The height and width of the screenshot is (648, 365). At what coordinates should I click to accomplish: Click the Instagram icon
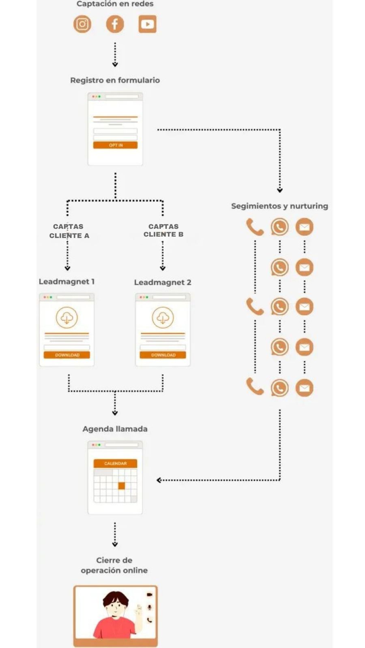(82, 24)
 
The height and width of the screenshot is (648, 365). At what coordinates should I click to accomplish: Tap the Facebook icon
(115, 24)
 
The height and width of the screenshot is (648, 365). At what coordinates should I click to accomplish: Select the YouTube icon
(147, 24)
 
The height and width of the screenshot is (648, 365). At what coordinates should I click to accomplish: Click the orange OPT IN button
(115, 145)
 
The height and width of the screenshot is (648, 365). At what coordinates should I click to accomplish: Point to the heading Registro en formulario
(115, 80)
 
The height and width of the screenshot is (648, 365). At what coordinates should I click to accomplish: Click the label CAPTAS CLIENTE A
(69, 231)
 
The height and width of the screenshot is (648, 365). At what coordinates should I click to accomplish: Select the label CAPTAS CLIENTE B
(163, 230)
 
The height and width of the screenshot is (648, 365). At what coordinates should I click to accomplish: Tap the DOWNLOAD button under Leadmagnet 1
(67, 355)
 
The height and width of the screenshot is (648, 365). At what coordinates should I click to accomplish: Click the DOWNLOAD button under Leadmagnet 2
(163, 355)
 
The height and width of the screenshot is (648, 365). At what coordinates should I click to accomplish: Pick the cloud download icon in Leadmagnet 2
(163, 318)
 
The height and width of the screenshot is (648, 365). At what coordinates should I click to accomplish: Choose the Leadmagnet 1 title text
(67, 281)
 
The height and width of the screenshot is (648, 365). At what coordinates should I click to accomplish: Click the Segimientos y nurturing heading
(279, 206)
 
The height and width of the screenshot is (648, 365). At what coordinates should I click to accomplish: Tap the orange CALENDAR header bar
(115, 463)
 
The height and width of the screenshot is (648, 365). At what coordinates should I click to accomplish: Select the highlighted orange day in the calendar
(122, 486)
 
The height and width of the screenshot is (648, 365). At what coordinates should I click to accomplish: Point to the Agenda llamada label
(115, 429)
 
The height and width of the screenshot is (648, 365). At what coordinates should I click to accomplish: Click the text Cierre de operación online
(114, 565)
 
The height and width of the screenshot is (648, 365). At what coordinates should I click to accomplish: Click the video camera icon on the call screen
(149, 595)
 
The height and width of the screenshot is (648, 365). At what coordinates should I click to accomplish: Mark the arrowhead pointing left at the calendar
(159, 480)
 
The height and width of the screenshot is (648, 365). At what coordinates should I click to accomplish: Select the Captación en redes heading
(115, 4)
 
